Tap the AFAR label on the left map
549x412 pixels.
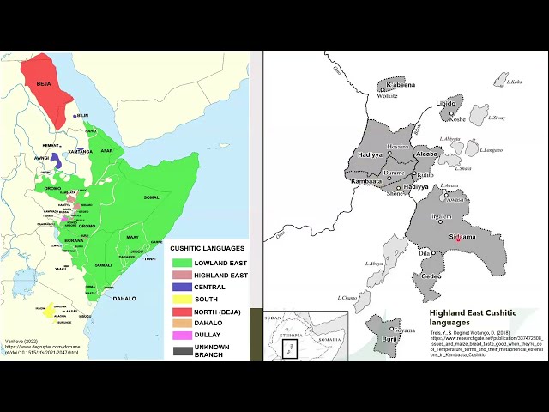point(106,149)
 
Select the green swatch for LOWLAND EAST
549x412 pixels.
point(181,263)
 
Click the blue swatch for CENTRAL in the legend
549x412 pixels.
point(181,287)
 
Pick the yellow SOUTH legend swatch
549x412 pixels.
point(181,299)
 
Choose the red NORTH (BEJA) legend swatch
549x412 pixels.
point(181,311)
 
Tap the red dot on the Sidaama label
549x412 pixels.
point(458,238)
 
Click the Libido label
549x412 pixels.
point(446,104)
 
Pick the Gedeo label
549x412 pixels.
point(431,276)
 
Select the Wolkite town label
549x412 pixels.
point(388,96)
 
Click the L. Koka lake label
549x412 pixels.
point(515,82)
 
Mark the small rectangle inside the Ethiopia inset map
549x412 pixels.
point(290,350)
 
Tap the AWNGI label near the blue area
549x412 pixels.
point(41,157)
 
